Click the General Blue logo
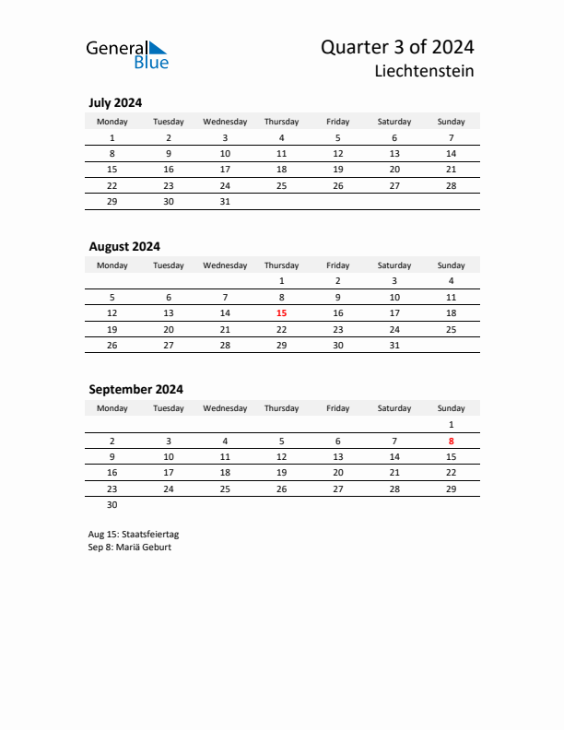pyautogui.click(x=127, y=54)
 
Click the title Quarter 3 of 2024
pyautogui.click(x=397, y=47)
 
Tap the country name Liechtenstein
pyautogui.click(x=426, y=71)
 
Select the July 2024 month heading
pyautogui.click(x=115, y=103)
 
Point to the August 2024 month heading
pyautogui.click(x=124, y=246)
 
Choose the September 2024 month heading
pyautogui.click(x=135, y=389)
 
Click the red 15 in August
pyautogui.click(x=281, y=313)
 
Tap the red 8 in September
pyautogui.click(x=451, y=441)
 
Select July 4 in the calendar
pyautogui.click(x=281, y=137)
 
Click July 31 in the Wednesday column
pyautogui.click(x=225, y=201)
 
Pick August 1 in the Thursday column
pyautogui.click(x=281, y=280)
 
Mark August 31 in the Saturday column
pyautogui.click(x=394, y=345)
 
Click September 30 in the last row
pyautogui.click(x=112, y=504)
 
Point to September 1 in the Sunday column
pyautogui.click(x=451, y=424)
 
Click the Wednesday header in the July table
pyautogui.click(x=225, y=122)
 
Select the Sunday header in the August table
pyautogui.click(x=451, y=265)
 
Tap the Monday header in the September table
pyautogui.click(x=112, y=408)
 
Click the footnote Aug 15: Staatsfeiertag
pyautogui.click(x=134, y=534)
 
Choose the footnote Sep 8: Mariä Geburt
pyautogui.click(x=130, y=547)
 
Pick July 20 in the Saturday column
pyautogui.click(x=394, y=170)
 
